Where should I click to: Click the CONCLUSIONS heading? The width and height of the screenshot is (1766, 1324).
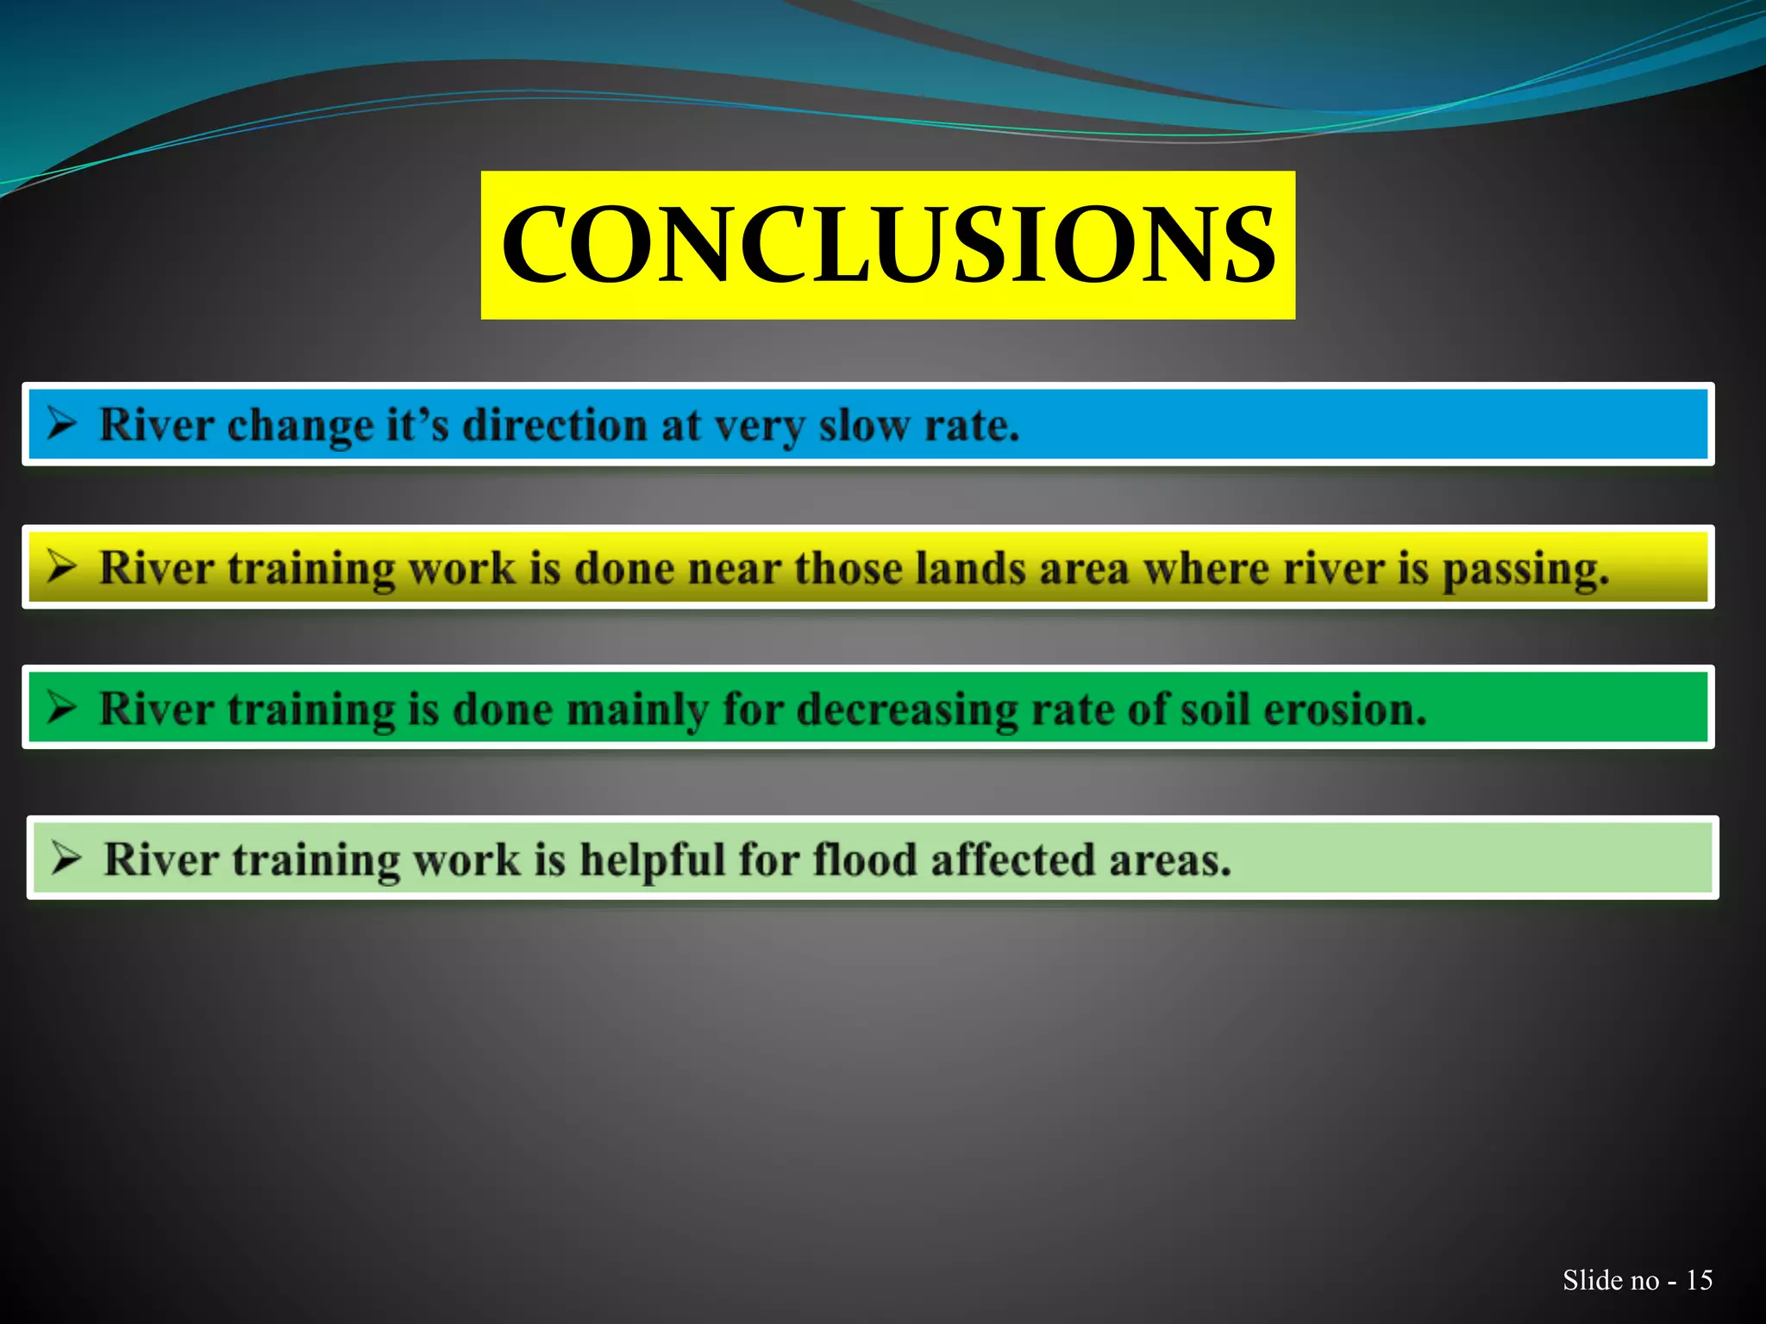tap(887, 245)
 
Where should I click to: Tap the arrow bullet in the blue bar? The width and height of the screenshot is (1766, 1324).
tap(62, 423)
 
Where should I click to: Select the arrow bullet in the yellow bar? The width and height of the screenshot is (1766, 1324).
tap(62, 566)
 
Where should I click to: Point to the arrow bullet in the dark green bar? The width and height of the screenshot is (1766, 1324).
tap(62, 708)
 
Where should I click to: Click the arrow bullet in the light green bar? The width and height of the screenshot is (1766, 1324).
tap(66, 858)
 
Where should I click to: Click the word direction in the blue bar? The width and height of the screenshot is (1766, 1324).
tap(554, 425)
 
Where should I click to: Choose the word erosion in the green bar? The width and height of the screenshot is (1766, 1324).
tap(1344, 709)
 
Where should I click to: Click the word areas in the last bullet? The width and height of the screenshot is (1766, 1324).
tap(1169, 859)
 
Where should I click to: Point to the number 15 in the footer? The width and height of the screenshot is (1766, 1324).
tap(1699, 1280)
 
